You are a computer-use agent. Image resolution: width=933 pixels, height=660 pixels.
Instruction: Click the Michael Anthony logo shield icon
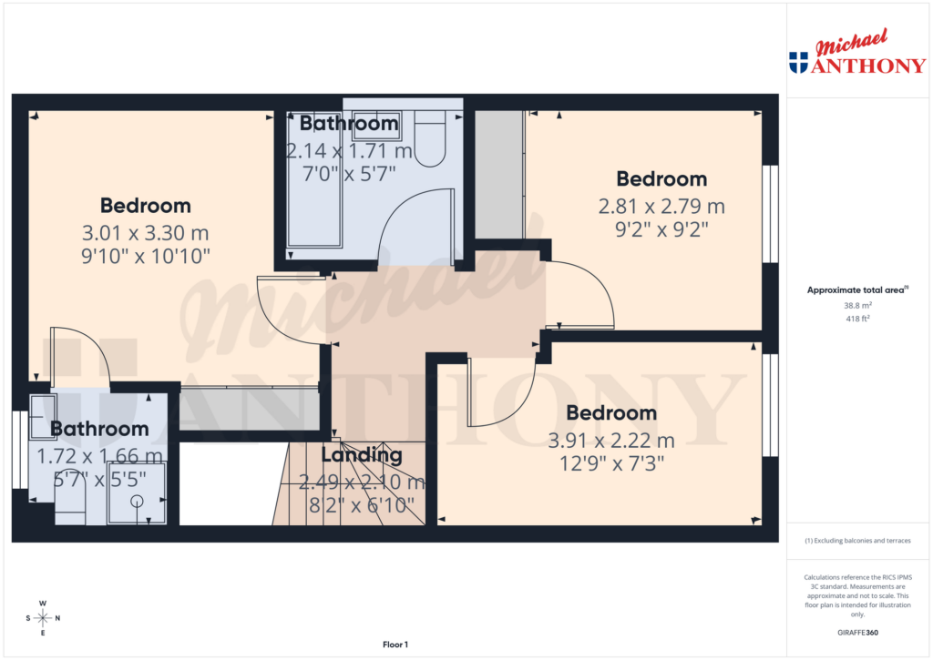[798, 62]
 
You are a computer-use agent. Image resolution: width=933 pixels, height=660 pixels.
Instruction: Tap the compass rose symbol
[43, 618]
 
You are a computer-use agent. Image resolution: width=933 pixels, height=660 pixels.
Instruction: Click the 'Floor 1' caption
[395, 645]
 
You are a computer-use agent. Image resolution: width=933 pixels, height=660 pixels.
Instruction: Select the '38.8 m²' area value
[856, 307]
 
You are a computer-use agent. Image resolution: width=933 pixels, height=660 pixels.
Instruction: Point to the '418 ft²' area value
[856, 320]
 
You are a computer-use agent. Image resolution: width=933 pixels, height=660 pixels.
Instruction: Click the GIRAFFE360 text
[857, 632]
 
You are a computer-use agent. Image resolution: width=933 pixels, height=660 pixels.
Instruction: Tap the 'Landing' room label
[362, 455]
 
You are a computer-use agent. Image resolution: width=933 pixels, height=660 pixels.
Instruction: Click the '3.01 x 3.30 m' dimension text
[146, 232]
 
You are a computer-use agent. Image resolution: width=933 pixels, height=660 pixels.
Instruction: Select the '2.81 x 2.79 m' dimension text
[661, 206]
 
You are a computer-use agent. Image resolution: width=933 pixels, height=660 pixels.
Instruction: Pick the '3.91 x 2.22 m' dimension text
[611, 441]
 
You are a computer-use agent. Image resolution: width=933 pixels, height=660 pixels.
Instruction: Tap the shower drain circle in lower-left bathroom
[137, 502]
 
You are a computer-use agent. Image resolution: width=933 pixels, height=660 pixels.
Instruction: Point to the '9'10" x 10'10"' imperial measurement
[146, 257]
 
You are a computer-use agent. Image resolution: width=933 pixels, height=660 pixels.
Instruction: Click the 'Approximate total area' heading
[856, 290]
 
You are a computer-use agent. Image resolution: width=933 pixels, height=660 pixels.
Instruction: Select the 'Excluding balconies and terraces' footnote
[857, 541]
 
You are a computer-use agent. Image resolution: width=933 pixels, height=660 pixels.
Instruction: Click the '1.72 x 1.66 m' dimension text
[99, 453]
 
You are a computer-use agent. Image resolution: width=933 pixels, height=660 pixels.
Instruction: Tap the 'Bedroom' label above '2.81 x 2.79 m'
[661, 178]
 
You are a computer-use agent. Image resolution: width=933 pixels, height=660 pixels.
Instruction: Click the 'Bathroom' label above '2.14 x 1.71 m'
[349, 123]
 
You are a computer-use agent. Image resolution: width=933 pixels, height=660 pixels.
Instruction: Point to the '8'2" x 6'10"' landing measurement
[362, 503]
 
